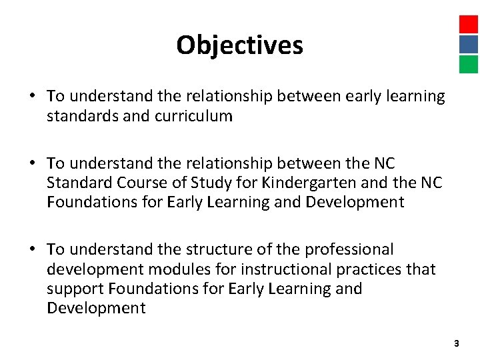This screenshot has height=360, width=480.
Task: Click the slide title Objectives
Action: click(x=239, y=45)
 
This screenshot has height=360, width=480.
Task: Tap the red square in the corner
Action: click(x=469, y=25)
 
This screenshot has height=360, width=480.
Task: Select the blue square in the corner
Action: click(x=469, y=45)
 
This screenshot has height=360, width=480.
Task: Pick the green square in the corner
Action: click(x=469, y=64)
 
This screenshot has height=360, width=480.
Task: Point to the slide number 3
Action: click(x=456, y=343)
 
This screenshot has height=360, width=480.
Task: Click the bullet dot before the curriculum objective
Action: click(x=32, y=97)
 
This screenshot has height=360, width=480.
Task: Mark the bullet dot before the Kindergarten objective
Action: click(x=32, y=163)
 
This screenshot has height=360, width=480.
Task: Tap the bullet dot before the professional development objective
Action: click(x=32, y=250)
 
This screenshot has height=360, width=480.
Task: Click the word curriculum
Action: click(x=193, y=116)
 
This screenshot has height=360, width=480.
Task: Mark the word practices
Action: click(x=375, y=269)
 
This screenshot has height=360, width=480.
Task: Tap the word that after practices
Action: click(x=421, y=269)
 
